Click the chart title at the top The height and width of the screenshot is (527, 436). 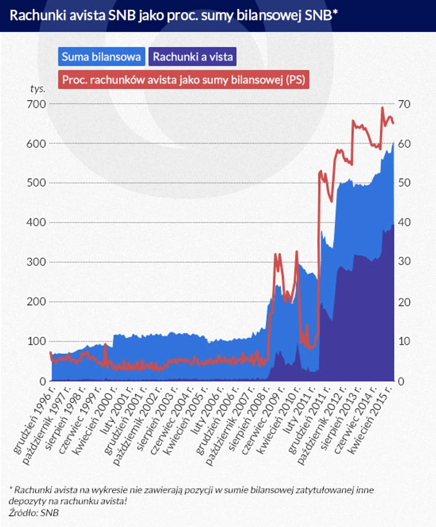pyautogui.click(x=173, y=15)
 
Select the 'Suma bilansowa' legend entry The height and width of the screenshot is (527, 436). pyautogui.click(x=102, y=56)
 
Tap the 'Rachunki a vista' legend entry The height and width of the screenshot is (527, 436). pyautogui.click(x=194, y=56)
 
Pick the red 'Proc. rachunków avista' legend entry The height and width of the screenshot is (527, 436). pyautogui.click(x=184, y=80)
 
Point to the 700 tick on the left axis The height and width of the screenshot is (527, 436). pyautogui.click(x=36, y=103)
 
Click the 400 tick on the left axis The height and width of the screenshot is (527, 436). pyautogui.click(x=36, y=223)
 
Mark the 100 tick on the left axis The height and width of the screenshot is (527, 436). pyautogui.click(x=36, y=342)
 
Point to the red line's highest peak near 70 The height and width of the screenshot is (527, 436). pyautogui.click(x=382, y=108)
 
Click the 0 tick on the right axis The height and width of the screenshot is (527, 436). pyautogui.click(x=401, y=381)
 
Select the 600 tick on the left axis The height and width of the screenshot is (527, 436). pyautogui.click(x=36, y=144)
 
